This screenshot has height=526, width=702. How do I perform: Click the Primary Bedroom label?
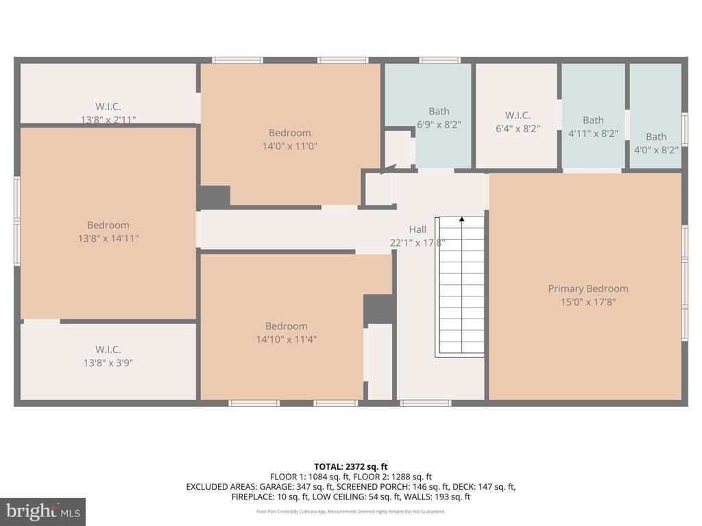[588, 288]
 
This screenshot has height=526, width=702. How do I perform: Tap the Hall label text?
[417, 229]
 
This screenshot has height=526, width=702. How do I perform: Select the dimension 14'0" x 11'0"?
[290, 146]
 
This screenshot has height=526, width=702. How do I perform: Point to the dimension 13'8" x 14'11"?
[108, 238]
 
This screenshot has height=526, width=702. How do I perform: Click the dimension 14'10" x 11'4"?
[286, 339]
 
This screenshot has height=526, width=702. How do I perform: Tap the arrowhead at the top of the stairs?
[461, 219]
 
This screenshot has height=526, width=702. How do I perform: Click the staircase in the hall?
[460, 287]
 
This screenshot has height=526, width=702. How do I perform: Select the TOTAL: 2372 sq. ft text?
[350, 467]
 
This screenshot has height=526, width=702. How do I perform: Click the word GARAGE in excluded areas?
[278, 487]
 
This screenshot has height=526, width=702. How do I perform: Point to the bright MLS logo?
[43, 512]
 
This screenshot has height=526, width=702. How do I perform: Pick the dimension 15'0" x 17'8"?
[588, 302]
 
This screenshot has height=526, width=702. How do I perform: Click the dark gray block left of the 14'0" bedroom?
[214, 197]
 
